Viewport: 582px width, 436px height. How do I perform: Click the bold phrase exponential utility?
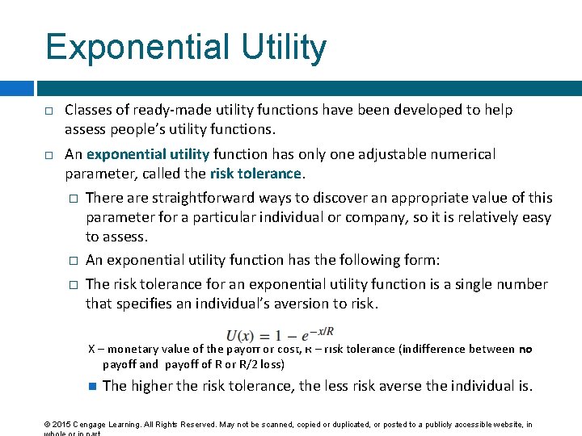click(x=148, y=154)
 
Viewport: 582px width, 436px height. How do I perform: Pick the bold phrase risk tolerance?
click(x=255, y=174)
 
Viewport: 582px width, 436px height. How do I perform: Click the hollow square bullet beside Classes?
click(x=49, y=111)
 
